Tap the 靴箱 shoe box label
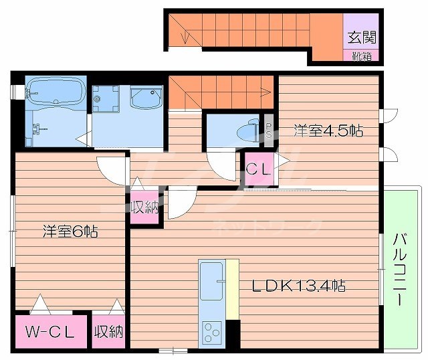[362, 56]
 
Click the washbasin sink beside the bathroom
[146, 98]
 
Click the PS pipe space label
[268, 129]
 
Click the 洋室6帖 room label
[71, 232]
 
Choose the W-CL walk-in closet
[49, 331]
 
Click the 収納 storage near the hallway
[145, 207]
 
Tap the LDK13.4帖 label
[298, 286]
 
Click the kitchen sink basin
[212, 281]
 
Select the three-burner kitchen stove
[213, 331]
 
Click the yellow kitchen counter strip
[232, 288]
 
